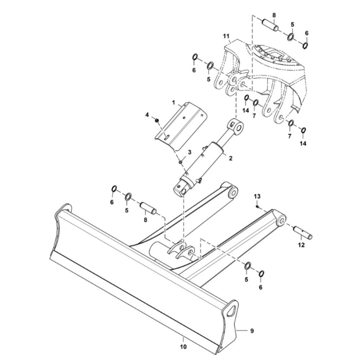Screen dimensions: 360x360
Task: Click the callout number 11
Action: pos(226,36)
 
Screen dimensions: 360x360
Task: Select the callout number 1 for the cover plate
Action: pos(173,103)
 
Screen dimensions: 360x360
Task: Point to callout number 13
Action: pos(257,196)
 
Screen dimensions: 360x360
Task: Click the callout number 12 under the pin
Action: pos(301,245)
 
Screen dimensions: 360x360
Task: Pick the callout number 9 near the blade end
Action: pos(252,330)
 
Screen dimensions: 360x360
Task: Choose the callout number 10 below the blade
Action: pos(183,347)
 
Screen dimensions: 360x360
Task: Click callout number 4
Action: pos(147,114)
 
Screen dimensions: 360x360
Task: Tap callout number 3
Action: pos(189,152)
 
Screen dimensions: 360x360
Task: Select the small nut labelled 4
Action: pos(157,120)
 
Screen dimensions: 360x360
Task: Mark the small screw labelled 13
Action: pos(257,207)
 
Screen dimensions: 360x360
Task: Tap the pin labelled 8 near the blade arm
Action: pos(148,207)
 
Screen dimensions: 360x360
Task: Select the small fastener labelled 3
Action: pos(180,162)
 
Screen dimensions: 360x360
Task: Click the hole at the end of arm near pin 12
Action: pos(282,219)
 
